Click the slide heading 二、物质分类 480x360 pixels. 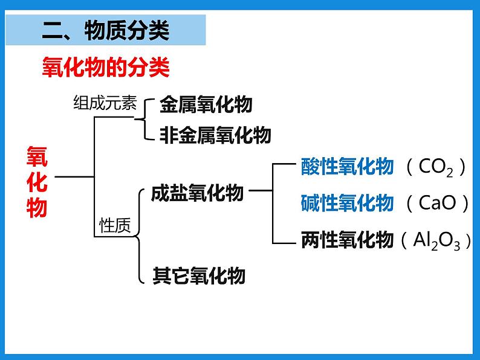point(106,31)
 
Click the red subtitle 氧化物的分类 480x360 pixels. point(106,67)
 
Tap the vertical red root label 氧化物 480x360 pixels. point(37,182)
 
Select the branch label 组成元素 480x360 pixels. point(105,103)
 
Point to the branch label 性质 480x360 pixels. point(115,225)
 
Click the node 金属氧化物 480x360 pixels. point(206,104)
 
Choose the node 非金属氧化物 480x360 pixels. point(215,135)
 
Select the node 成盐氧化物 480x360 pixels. point(197,193)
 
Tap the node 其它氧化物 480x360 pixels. point(199,275)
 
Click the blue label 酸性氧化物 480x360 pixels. point(347,166)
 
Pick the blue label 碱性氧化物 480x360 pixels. point(347,203)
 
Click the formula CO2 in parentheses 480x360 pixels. point(436,167)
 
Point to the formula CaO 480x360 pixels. point(437,202)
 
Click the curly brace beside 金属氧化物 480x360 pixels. point(144,119)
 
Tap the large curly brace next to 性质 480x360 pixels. point(139,236)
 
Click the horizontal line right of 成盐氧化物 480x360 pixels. point(261,190)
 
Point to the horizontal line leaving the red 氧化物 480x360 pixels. point(74,177)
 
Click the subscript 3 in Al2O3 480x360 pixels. point(457,246)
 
